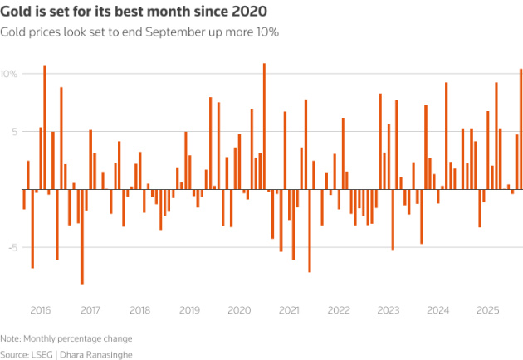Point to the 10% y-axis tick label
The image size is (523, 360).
(9, 74)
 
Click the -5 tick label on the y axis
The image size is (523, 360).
(11, 246)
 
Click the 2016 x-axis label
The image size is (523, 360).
(41, 310)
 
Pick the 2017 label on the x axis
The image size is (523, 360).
(90, 310)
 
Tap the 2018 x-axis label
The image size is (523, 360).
(139, 310)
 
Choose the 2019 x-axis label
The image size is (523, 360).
(189, 310)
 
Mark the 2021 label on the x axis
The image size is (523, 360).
(289, 310)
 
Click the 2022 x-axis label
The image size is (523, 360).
(338, 310)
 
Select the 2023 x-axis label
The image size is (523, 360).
(388, 310)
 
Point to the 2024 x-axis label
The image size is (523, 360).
(437, 310)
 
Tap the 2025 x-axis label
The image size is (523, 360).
(487, 310)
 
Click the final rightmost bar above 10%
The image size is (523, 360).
(521, 129)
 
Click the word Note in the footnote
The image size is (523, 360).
(11, 338)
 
